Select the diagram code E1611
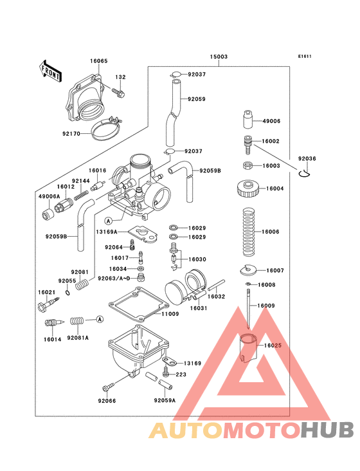pos(304,56)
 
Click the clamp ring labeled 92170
pos(104,132)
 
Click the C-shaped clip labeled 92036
pos(306,171)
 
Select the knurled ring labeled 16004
pos(249,189)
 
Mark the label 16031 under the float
pos(199,308)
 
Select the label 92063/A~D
pos(114,278)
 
